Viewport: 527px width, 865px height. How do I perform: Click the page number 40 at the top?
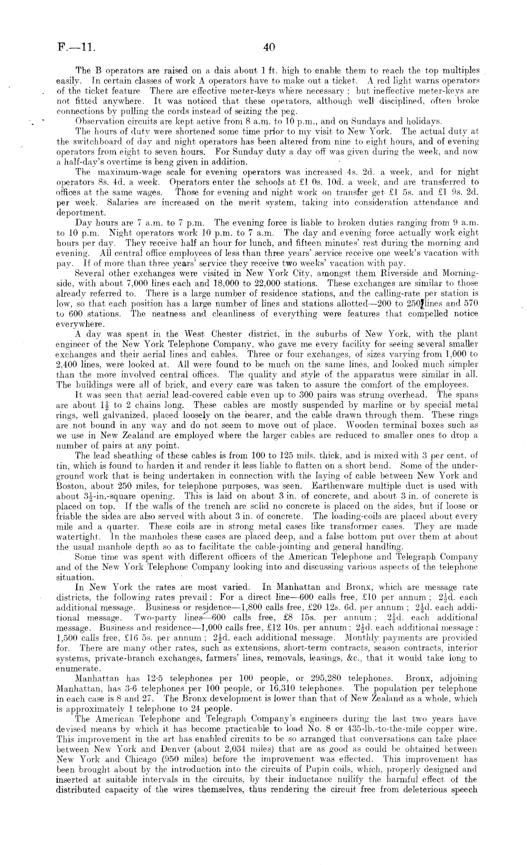point(269,47)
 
